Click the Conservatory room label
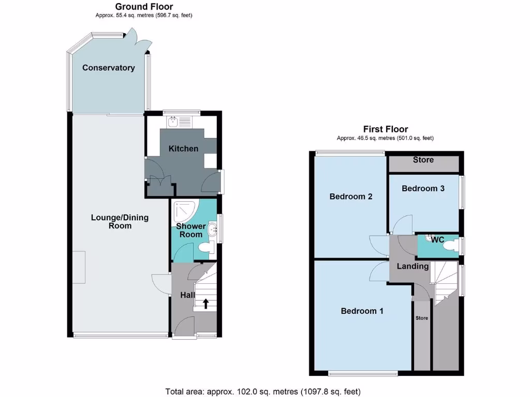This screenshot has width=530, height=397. [x=108, y=68]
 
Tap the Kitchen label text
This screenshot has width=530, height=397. [x=183, y=149]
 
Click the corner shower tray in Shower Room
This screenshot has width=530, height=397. [x=183, y=209]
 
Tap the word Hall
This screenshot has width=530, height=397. [x=187, y=295]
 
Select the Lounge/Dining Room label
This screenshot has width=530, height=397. [x=120, y=221]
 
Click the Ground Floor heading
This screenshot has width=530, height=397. [x=144, y=7]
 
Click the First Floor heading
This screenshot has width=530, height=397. [x=385, y=129]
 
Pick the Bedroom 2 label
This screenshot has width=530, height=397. [x=351, y=196]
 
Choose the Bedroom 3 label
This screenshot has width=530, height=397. [x=423, y=188]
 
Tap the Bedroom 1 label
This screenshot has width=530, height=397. [x=362, y=311]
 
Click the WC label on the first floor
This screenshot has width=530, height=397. [x=437, y=240]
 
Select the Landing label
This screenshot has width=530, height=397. [x=413, y=266]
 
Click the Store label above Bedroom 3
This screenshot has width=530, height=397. [x=423, y=160]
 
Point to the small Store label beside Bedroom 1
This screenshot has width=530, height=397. [x=421, y=318]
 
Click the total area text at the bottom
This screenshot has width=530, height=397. [x=262, y=391]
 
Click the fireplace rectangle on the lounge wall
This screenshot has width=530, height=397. [x=79, y=267]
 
